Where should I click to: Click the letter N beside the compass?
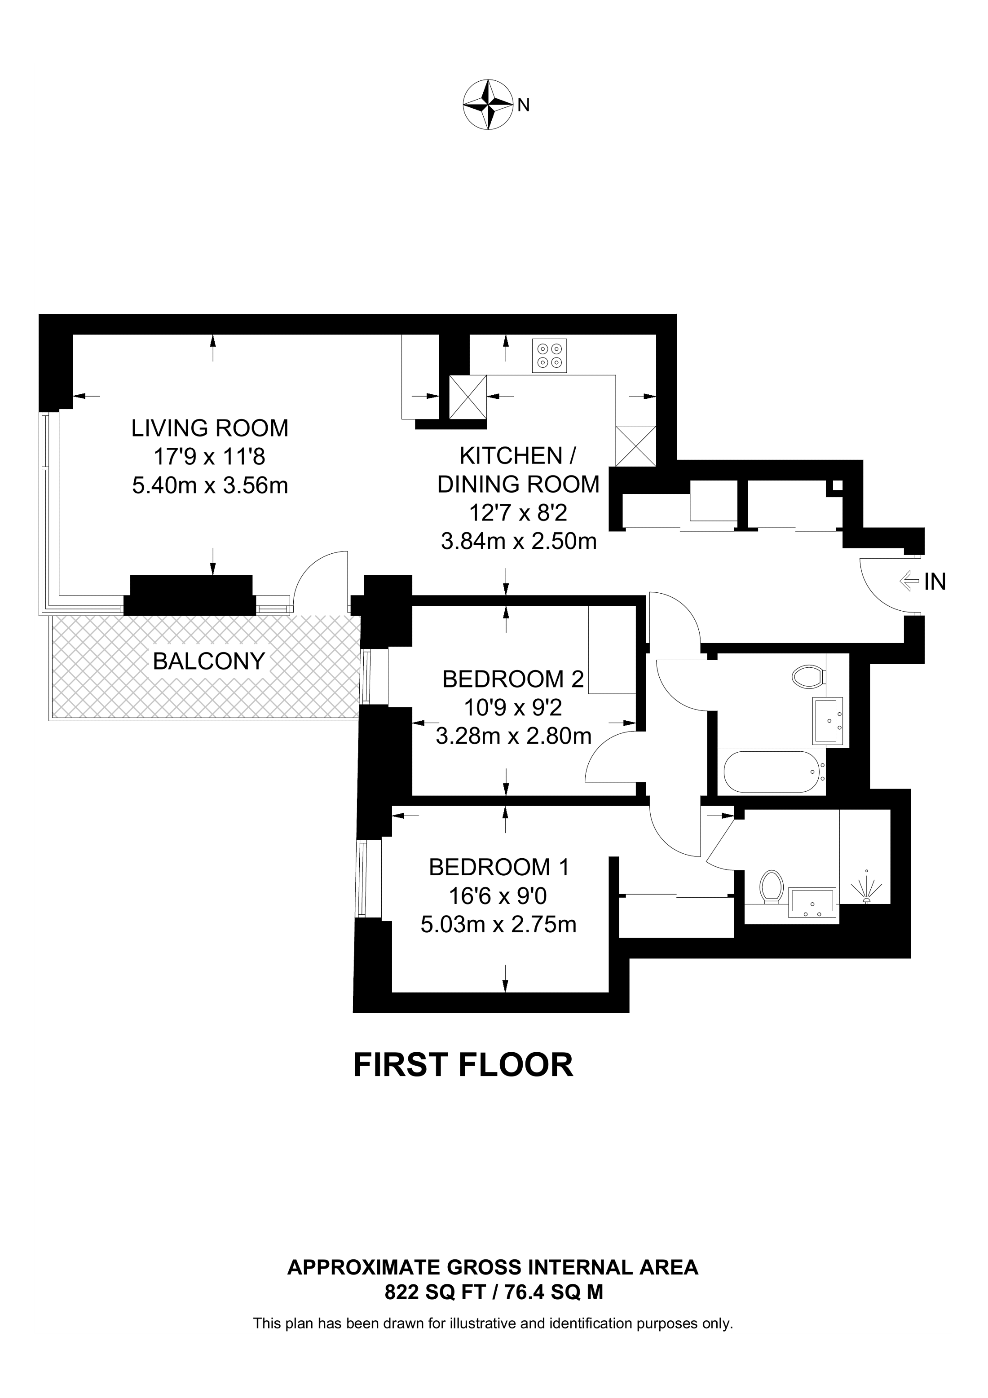(524, 106)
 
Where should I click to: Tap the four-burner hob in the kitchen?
(549, 356)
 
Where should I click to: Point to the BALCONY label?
(209, 661)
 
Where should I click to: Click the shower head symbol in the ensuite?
(867, 890)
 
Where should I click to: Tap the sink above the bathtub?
(827, 721)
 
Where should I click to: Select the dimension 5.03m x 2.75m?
(498, 925)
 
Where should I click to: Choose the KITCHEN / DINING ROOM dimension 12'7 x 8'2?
(518, 513)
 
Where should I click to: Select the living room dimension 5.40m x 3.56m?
(210, 485)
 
